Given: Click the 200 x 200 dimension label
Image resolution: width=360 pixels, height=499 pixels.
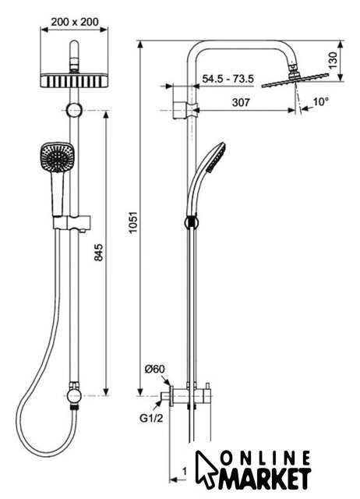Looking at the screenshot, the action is point(75,22).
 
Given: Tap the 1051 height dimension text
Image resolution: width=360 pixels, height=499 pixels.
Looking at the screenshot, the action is point(132,221).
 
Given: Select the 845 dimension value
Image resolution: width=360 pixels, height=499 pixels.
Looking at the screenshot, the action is point(98,253).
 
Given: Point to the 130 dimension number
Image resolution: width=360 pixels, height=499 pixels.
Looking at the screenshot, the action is point(333,61).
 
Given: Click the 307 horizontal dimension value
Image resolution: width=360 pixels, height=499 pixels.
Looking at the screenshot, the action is point(241,102).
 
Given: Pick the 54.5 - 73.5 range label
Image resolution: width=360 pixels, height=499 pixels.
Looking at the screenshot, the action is point(228,79).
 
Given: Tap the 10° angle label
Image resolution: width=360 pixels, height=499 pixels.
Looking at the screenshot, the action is point(320,102).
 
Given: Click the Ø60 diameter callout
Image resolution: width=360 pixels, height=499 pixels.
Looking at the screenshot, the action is point(155,369).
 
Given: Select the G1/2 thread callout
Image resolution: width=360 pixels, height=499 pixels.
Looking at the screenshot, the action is point(151,418).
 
